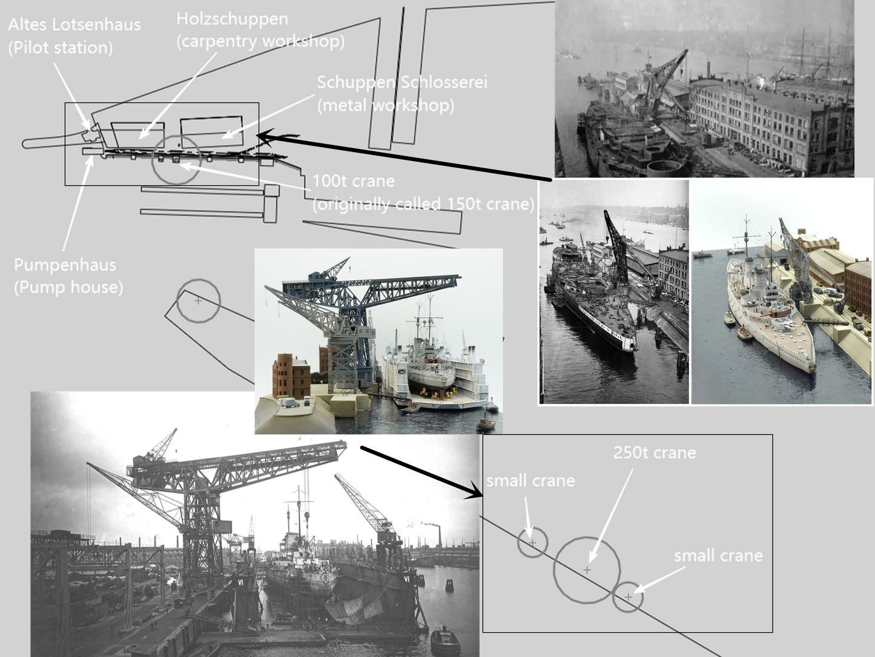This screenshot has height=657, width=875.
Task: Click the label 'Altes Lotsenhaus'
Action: (74, 25)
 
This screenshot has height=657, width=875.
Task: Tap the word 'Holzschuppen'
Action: (232, 19)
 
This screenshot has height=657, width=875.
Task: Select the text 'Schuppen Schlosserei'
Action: (402, 82)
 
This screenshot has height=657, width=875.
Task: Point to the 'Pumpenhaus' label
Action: (65, 265)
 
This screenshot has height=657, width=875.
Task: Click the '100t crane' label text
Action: (353, 181)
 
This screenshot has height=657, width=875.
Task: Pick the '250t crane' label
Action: (654, 452)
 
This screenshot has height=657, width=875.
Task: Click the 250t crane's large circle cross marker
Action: (587, 570)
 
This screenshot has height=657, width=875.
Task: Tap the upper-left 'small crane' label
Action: (530, 481)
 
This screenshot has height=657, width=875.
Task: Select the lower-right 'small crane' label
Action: (718, 555)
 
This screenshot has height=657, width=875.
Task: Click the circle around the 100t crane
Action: (176, 160)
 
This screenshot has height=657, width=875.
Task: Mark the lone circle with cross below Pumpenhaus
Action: (198, 300)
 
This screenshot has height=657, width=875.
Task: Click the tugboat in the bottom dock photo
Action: (445, 639)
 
